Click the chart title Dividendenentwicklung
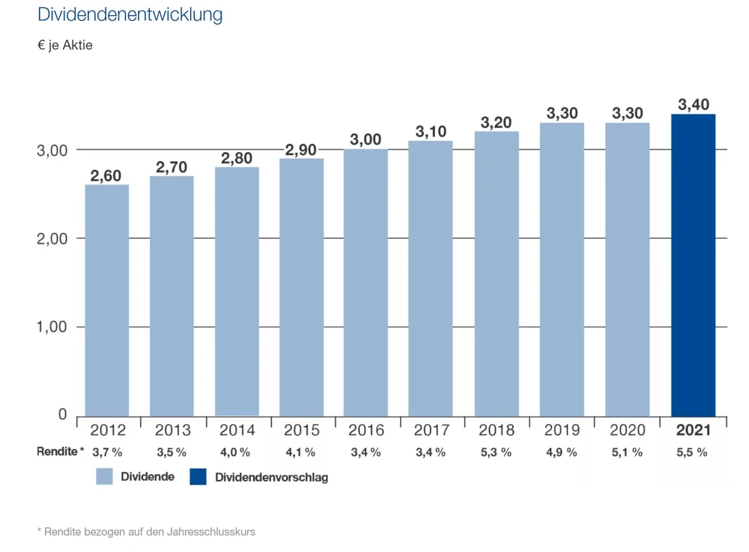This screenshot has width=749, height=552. [x=130, y=15]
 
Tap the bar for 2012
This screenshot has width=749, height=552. [x=106, y=300]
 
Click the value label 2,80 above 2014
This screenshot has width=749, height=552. [x=237, y=158]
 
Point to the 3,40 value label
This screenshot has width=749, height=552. [x=693, y=105]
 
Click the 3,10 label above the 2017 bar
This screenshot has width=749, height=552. [x=431, y=132]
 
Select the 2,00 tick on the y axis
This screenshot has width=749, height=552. [x=52, y=239]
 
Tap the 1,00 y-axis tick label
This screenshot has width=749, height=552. [x=52, y=327]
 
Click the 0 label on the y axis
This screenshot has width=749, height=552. [x=63, y=415]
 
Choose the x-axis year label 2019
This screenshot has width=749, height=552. [x=562, y=431]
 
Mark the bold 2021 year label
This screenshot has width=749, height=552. [x=693, y=431]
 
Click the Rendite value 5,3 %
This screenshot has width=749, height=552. [x=496, y=452]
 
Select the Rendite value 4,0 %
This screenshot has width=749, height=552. [x=236, y=452]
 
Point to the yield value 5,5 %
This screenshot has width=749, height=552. [x=691, y=452]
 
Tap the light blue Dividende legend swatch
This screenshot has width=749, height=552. [x=104, y=477]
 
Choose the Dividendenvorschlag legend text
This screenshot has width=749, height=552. [x=271, y=477]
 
